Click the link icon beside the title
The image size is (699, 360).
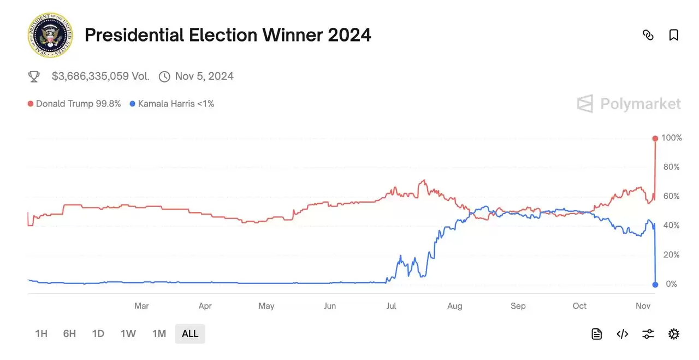[648, 35]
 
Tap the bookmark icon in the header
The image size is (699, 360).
[674, 35]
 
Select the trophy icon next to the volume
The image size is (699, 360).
[34, 76]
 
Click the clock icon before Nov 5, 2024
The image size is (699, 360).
[164, 76]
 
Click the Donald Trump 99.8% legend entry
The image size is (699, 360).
[74, 104]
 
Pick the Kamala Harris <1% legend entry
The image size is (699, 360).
[172, 104]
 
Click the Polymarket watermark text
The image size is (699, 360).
[641, 104]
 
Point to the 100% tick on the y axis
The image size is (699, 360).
[672, 138]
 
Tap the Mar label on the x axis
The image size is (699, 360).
[141, 306]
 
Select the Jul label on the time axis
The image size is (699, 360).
[391, 306]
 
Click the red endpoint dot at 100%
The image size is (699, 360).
[655, 138]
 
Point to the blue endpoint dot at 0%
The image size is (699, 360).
[655, 284]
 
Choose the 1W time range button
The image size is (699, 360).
[128, 334]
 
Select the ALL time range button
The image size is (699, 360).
[190, 334]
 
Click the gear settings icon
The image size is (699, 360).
[674, 334]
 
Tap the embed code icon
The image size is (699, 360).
[623, 334]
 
